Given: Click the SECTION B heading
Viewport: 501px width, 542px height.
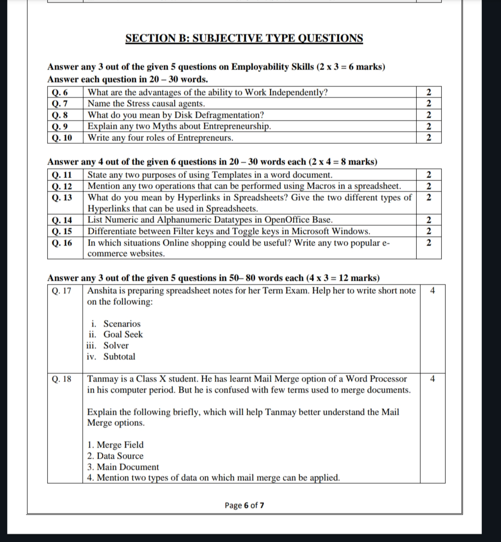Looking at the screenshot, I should (244, 38).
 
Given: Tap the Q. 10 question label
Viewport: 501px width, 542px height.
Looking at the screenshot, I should (62, 138).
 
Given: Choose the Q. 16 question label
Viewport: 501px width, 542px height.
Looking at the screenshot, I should (62, 243).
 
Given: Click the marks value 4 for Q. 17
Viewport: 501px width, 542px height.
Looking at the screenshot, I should (432, 291).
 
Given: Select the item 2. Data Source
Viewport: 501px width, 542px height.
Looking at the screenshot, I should (115, 456).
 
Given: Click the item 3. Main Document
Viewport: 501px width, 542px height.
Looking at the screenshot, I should (123, 467).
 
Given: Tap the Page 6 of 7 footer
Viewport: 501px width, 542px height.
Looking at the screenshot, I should (244, 505).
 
